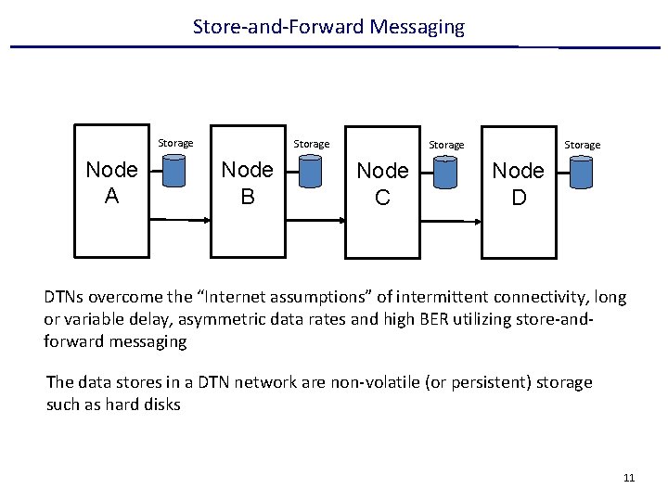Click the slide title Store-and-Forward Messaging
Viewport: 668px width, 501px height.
328,27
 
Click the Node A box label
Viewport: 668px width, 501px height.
111,183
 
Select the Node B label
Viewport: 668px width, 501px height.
247,183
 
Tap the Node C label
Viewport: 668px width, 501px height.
382,184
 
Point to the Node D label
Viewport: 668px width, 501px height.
518,184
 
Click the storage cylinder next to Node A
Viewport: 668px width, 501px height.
175,171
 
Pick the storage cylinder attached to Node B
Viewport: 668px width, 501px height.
310,171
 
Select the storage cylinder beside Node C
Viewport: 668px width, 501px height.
445,172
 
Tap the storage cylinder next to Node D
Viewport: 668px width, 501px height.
582,172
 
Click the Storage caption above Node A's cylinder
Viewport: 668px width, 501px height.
175,143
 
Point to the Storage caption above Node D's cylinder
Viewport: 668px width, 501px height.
582,145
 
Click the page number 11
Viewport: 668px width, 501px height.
629,478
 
